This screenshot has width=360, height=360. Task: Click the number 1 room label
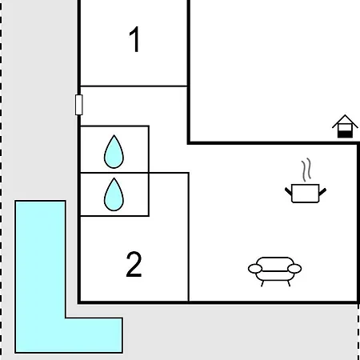134,39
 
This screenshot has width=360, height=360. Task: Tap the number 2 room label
134,265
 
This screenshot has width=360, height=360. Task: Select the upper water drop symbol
114,152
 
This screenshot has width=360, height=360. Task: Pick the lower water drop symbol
114,194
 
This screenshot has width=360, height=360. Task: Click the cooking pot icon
306,193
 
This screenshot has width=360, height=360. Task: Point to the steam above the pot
306,170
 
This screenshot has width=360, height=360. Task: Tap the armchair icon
275,271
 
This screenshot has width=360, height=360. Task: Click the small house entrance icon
345,126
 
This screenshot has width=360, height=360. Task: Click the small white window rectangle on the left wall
79,105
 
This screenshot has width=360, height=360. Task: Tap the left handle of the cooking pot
288,191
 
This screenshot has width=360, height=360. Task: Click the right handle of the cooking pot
322,191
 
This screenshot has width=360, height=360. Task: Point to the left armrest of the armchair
255,269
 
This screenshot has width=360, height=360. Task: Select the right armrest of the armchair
294,269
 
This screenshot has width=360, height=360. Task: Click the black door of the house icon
345,134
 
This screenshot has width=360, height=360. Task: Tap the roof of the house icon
345,122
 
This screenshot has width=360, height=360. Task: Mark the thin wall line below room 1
134,86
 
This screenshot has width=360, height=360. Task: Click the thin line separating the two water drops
114,173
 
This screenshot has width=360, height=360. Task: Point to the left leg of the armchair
262,283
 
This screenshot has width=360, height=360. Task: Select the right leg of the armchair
289,283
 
